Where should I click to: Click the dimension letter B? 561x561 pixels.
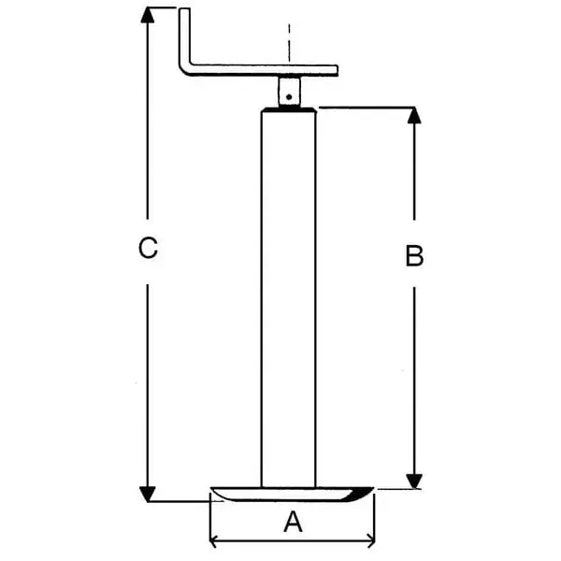(x=415, y=256)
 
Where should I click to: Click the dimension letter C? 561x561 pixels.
(x=148, y=249)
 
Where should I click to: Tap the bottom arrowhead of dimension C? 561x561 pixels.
(x=147, y=492)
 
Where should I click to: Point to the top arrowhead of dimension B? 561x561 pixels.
(x=415, y=115)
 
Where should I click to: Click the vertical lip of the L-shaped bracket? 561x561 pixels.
(x=184, y=37)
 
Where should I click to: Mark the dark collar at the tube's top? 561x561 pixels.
(x=289, y=110)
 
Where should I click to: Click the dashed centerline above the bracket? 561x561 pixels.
(x=290, y=42)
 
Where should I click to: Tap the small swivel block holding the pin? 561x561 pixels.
(x=290, y=91)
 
